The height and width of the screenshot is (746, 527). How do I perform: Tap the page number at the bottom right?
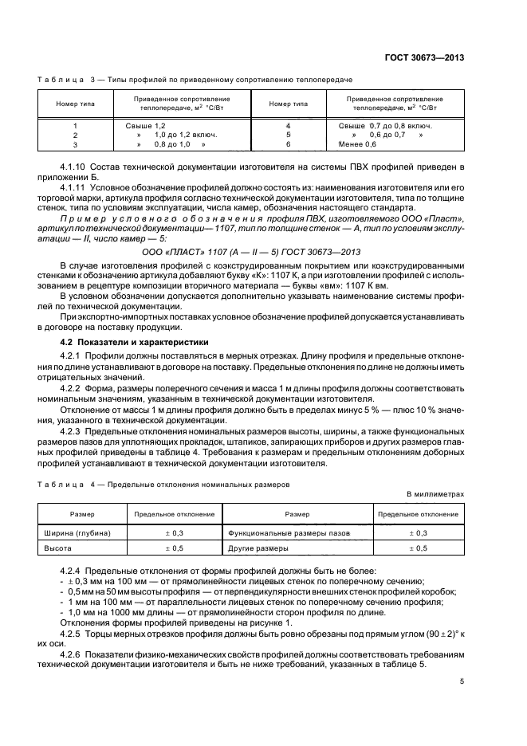[462, 681]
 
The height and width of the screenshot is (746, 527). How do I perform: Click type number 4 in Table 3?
[288, 126]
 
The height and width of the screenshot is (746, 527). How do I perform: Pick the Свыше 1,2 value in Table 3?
[145, 126]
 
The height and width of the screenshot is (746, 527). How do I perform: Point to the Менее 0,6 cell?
[357, 144]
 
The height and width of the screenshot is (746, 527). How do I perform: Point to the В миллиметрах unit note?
[435, 494]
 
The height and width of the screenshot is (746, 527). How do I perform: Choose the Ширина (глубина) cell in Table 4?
[77, 532]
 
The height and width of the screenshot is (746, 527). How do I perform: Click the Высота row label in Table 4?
[57, 549]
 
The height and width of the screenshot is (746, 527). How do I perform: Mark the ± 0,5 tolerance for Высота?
[174, 549]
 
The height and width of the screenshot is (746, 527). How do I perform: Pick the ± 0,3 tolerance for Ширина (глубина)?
[174, 532]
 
